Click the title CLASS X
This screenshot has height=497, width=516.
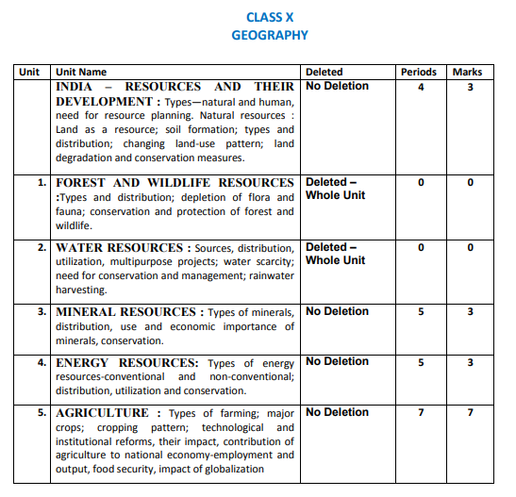(x=270, y=17)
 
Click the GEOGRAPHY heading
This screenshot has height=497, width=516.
(x=270, y=35)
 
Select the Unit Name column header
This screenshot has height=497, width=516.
(x=81, y=72)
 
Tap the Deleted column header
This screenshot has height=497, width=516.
(x=325, y=72)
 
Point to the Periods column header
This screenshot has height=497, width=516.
(x=419, y=72)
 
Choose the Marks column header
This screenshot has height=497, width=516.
(x=468, y=72)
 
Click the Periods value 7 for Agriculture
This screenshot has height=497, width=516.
(x=420, y=413)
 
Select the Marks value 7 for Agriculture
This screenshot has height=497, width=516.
(x=469, y=413)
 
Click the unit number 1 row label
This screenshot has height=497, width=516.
(x=43, y=182)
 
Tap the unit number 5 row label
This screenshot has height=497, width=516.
(x=42, y=412)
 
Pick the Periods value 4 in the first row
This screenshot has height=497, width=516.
(x=421, y=87)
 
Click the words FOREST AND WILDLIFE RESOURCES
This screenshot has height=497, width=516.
(x=175, y=182)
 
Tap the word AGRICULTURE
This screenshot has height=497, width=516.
(x=102, y=412)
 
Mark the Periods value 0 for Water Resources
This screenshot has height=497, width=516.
(x=421, y=247)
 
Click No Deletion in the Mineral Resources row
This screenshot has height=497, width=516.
(x=337, y=311)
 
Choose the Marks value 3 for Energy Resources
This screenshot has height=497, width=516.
(x=469, y=362)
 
